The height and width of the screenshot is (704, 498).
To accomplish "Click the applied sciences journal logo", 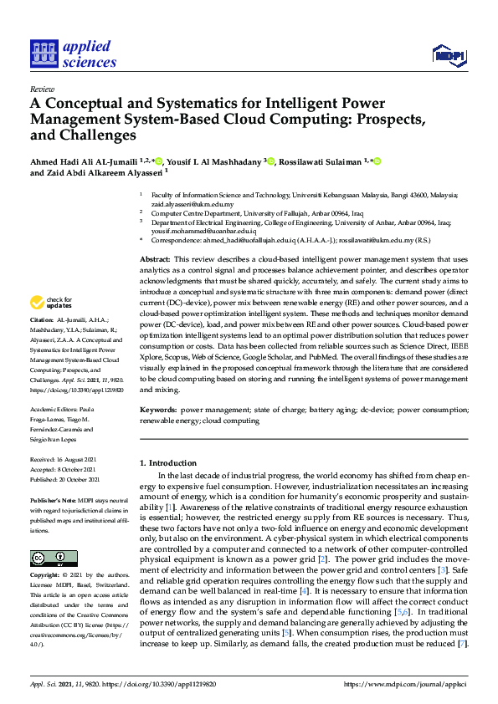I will pyautogui.click(x=73, y=52).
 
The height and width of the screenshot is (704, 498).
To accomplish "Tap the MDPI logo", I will pyautogui.click(x=449, y=55).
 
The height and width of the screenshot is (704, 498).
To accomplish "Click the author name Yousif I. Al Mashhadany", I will pyautogui.click(x=216, y=161).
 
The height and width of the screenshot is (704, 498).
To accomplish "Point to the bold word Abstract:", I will pyautogui.click(x=155, y=261).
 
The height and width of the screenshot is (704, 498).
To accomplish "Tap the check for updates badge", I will pyautogui.click(x=51, y=303).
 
